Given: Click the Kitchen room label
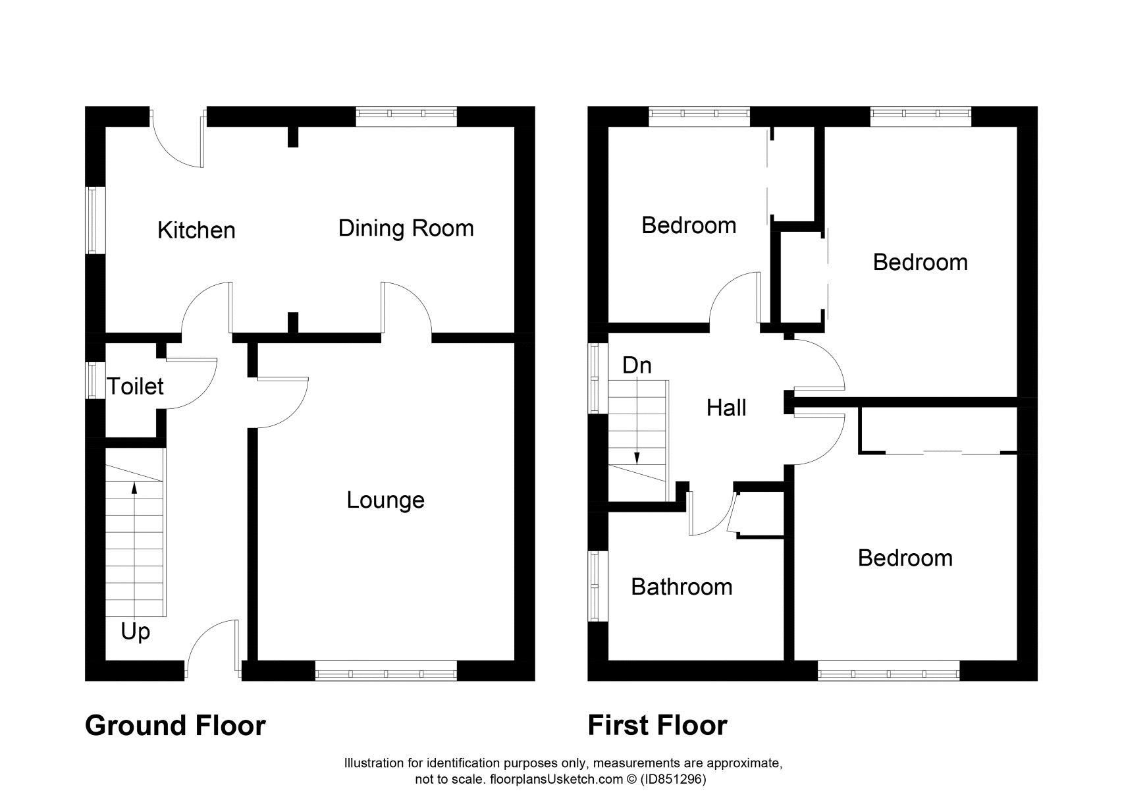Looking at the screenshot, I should point(196,230).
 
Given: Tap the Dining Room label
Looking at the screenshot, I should point(406,229).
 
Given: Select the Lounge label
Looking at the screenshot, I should point(385,500).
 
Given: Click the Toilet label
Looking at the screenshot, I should point(135,387).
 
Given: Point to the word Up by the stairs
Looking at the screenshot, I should point(135,632).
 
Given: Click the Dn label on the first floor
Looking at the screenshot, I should point(637,365).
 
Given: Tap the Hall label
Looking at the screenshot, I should point(726,408).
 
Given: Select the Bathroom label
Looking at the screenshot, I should point(681,587).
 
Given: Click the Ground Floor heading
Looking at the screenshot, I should point(175,726).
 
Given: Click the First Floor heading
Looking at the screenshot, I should point(657,726).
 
